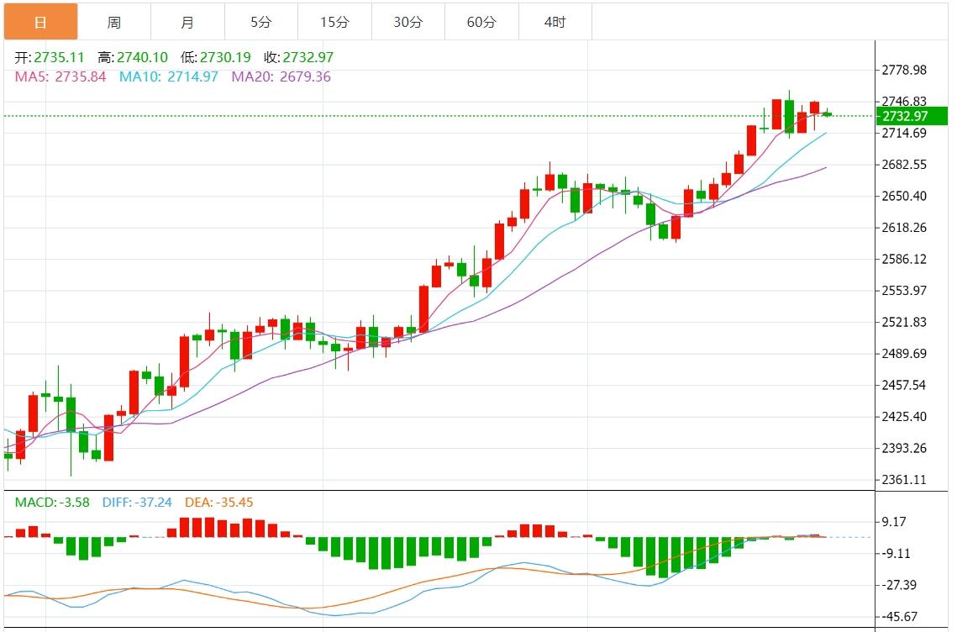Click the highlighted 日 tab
click(x=40, y=22)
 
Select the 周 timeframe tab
click(x=114, y=22)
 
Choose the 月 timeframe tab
click(x=187, y=22)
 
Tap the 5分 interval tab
click(x=260, y=22)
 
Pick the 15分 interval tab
click(x=334, y=22)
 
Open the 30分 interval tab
click(x=408, y=22)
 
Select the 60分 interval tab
click(x=481, y=22)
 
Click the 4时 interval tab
click(x=555, y=22)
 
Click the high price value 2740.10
click(x=143, y=58)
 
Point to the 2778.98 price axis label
click(x=903, y=70)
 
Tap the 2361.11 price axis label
click(x=903, y=480)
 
